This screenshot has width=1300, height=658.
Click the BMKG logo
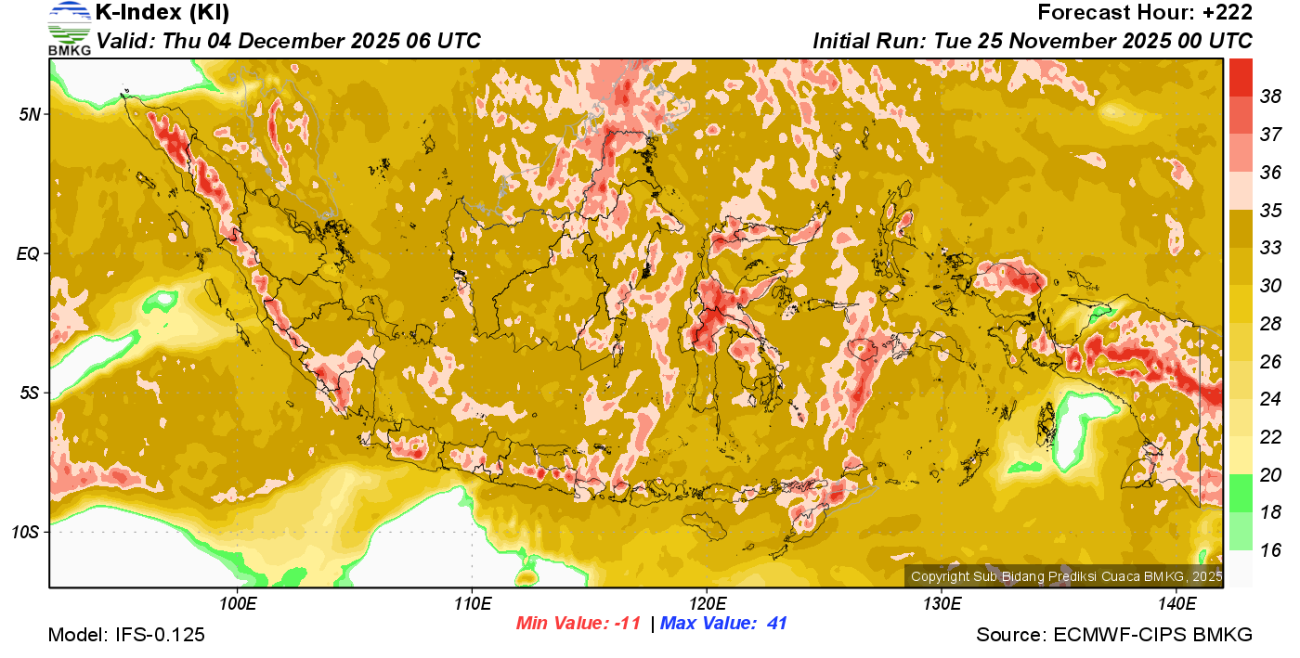tap(69, 28)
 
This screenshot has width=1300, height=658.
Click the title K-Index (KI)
tap(162, 13)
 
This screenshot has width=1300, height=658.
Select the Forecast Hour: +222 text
tap(1145, 13)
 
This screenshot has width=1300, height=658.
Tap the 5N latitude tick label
tap(29, 114)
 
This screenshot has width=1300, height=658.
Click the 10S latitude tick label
tap(25, 533)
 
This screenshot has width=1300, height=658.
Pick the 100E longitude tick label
tap(238, 604)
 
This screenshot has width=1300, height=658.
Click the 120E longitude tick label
tap(707, 604)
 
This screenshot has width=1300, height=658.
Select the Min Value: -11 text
tap(578, 624)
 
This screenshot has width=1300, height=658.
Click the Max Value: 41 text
tap(723, 624)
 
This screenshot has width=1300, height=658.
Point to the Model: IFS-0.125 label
tap(126, 636)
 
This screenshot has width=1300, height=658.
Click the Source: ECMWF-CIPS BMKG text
tap(1114, 636)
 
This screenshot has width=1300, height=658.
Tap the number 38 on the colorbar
tap(1271, 96)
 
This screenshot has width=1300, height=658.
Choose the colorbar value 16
tap(1271, 550)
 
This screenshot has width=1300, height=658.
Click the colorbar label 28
tap(1271, 323)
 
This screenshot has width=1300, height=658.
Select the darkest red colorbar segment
tap(1241, 77)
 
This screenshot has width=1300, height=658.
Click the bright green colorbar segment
tap(1241, 493)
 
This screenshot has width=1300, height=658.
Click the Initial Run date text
tap(1032, 41)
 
